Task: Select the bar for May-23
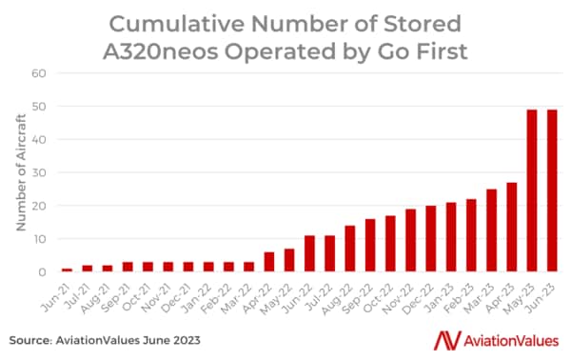pyautogui.click(x=532, y=190)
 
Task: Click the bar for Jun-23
pyautogui.click(x=553, y=190)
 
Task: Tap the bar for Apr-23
pyautogui.click(x=511, y=227)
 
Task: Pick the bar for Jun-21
pyautogui.click(x=67, y=270)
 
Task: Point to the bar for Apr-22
pyautogui.click(x=269, y=262)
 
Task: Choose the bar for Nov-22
pyautogui.click(x=410, y=240)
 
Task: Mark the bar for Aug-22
pyautogui.click(x=350, y=249)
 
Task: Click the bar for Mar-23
pyautogui.click(x=491, y=230)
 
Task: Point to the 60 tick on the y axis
pyautogui.click(x=40, y=72)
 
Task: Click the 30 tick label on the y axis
pyautogui.click(x=40, y=172)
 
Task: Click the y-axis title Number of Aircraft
pyautogui.click(x=20, y=172)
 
